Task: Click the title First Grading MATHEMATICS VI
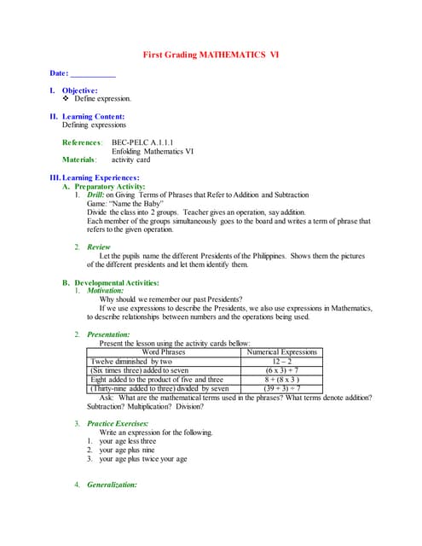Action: coord(210,55)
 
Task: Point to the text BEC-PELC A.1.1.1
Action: coord(142,142)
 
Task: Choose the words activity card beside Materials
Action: coord(130,159)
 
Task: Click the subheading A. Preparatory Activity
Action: coord(110,186)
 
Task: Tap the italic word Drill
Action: coord(95,195)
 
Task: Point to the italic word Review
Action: coord(99,247)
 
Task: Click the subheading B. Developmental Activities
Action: coord(116,282)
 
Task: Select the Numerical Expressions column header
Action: coord(280,351)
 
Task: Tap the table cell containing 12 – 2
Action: coord(280,361)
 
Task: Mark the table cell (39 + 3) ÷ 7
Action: coord(280,388)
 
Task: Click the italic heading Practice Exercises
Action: coord(118,423)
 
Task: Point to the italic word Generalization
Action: coord(112,485)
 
